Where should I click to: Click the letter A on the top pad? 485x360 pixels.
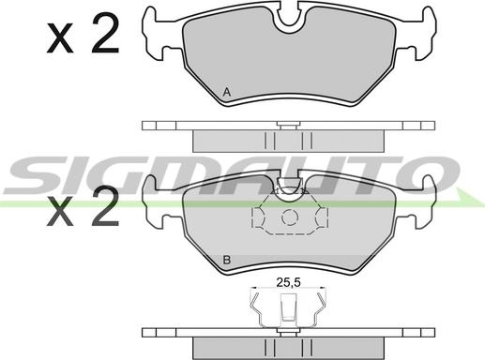(227, 93)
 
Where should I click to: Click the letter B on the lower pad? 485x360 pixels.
(227, 260)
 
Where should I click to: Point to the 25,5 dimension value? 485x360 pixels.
(288, 282)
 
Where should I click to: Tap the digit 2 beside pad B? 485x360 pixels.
(105, 205)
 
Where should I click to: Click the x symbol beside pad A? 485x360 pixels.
(60, 38)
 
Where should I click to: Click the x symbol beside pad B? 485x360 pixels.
(60, 212)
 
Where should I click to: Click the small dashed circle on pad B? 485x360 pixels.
(290, 217)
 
